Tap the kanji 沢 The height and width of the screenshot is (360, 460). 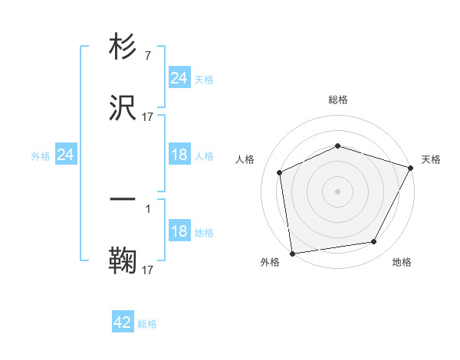(123, 108)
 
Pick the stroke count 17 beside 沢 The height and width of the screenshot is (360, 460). (148, 116)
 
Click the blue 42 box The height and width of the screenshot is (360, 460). (123, 322)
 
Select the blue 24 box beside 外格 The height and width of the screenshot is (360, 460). (66, 155)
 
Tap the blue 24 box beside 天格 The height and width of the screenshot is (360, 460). (179, 78)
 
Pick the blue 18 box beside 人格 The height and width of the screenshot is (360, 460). (179, 155)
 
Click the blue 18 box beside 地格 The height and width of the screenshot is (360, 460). (179, 232)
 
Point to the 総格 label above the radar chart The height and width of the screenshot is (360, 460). (337, 100)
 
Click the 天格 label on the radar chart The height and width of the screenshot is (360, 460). (431, 159)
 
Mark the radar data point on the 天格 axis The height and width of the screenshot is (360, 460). (411, 168)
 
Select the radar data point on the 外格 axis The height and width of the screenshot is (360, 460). (292, 253)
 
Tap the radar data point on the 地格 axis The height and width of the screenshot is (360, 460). (374, 242)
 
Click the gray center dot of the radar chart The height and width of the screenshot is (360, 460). (337, 191)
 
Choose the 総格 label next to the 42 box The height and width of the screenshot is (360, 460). (147, 324)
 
